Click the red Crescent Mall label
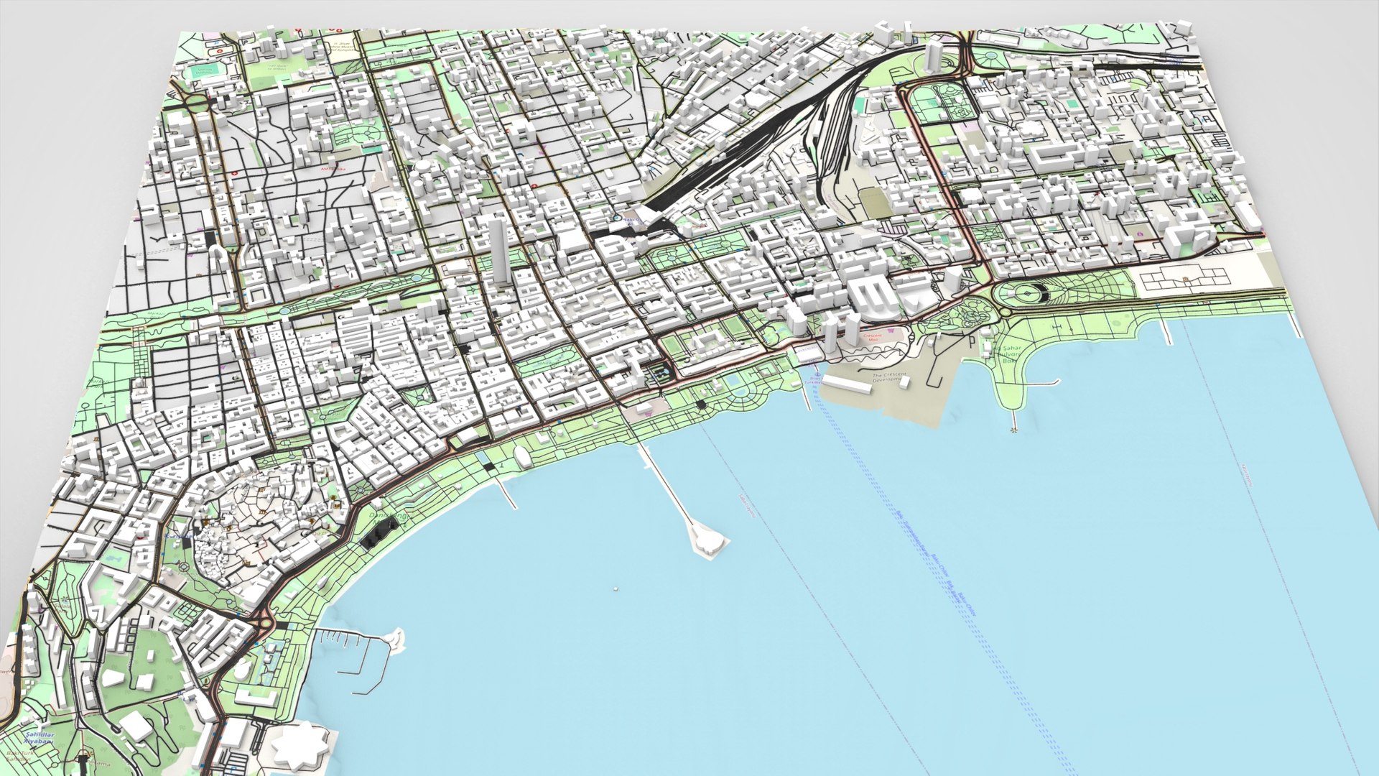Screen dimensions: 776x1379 873,336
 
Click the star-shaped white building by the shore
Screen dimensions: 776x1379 300,746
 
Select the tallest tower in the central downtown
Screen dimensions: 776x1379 498,251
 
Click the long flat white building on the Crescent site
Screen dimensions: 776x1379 852,385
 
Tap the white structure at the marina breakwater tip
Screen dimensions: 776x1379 395,638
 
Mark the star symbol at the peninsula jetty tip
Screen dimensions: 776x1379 1013,430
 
